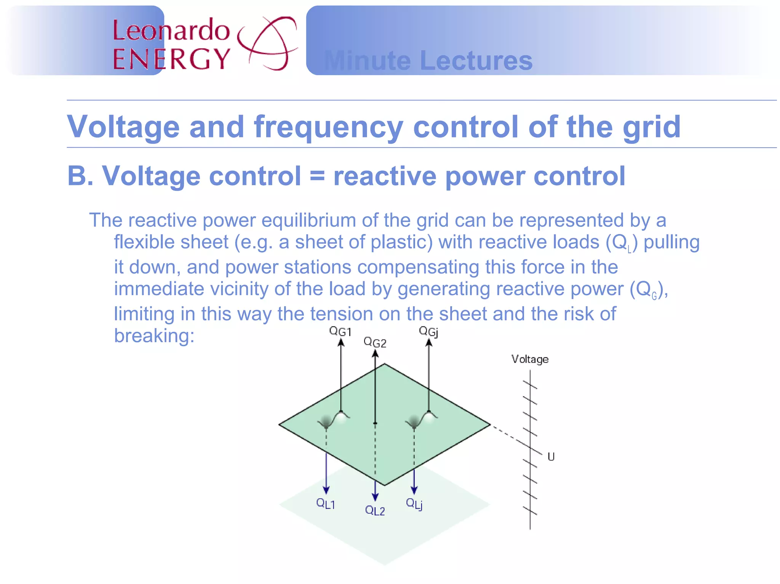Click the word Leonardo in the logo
(x=171, y=30)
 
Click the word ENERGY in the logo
(x=171, y=59)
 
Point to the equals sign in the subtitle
(x=317, y=176)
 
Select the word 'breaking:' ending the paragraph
(x=154, y=336)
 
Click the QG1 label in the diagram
(x=340, y=331)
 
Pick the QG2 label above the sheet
(x=375, y=342)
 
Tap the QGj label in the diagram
(x=428, y=331)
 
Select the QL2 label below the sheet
(x=375, y=510)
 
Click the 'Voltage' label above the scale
(x=530, y=359)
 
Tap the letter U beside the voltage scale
(x=551, y=457)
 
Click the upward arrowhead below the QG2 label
(x=376, y=354)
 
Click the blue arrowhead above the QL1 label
(x=326, y=490)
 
